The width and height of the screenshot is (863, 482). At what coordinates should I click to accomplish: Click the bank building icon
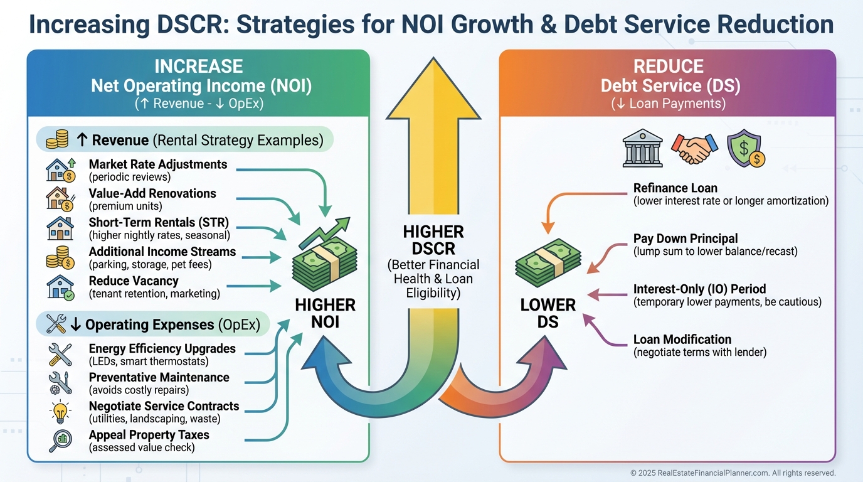[x=642, y=148]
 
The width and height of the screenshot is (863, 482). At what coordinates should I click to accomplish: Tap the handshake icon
[x=695, y=149]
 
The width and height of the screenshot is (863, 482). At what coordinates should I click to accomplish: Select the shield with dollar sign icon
[x=746, y=149]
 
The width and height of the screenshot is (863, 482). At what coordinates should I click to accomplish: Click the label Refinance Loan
[x=675, y=188]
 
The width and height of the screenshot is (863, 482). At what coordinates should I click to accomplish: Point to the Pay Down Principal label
[x=686, y=238]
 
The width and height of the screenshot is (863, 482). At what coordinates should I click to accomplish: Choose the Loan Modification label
[x=682, y=340]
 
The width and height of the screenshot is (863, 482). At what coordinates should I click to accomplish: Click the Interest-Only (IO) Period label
[x=700, y=289]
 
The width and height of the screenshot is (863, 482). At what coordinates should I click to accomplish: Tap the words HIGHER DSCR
[x=433, y=240]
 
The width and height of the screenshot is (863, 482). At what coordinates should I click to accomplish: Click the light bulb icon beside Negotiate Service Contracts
[x=60, y=412]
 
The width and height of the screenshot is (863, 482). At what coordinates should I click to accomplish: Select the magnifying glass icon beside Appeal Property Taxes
[x=60, y=441]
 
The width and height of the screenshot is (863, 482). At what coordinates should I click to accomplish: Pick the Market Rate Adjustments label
[x=158, y=164]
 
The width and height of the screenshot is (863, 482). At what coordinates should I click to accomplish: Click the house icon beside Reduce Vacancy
[x=60, y=287]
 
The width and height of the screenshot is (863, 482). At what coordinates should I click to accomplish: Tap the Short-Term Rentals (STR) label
[x=159, y=223]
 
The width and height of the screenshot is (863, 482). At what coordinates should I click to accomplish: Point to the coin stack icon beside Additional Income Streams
[x=60, y=257]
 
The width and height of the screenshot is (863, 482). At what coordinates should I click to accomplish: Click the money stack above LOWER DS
[x=548, y=262]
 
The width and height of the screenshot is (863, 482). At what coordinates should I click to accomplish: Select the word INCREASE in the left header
[x=199, y=67]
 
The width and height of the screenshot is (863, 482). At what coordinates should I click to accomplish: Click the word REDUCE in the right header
[x=669, y=67]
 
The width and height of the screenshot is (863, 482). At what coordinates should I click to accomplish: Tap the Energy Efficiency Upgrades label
[x=162, y=348]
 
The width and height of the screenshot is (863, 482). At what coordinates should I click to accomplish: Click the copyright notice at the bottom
[x=733, y=473]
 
